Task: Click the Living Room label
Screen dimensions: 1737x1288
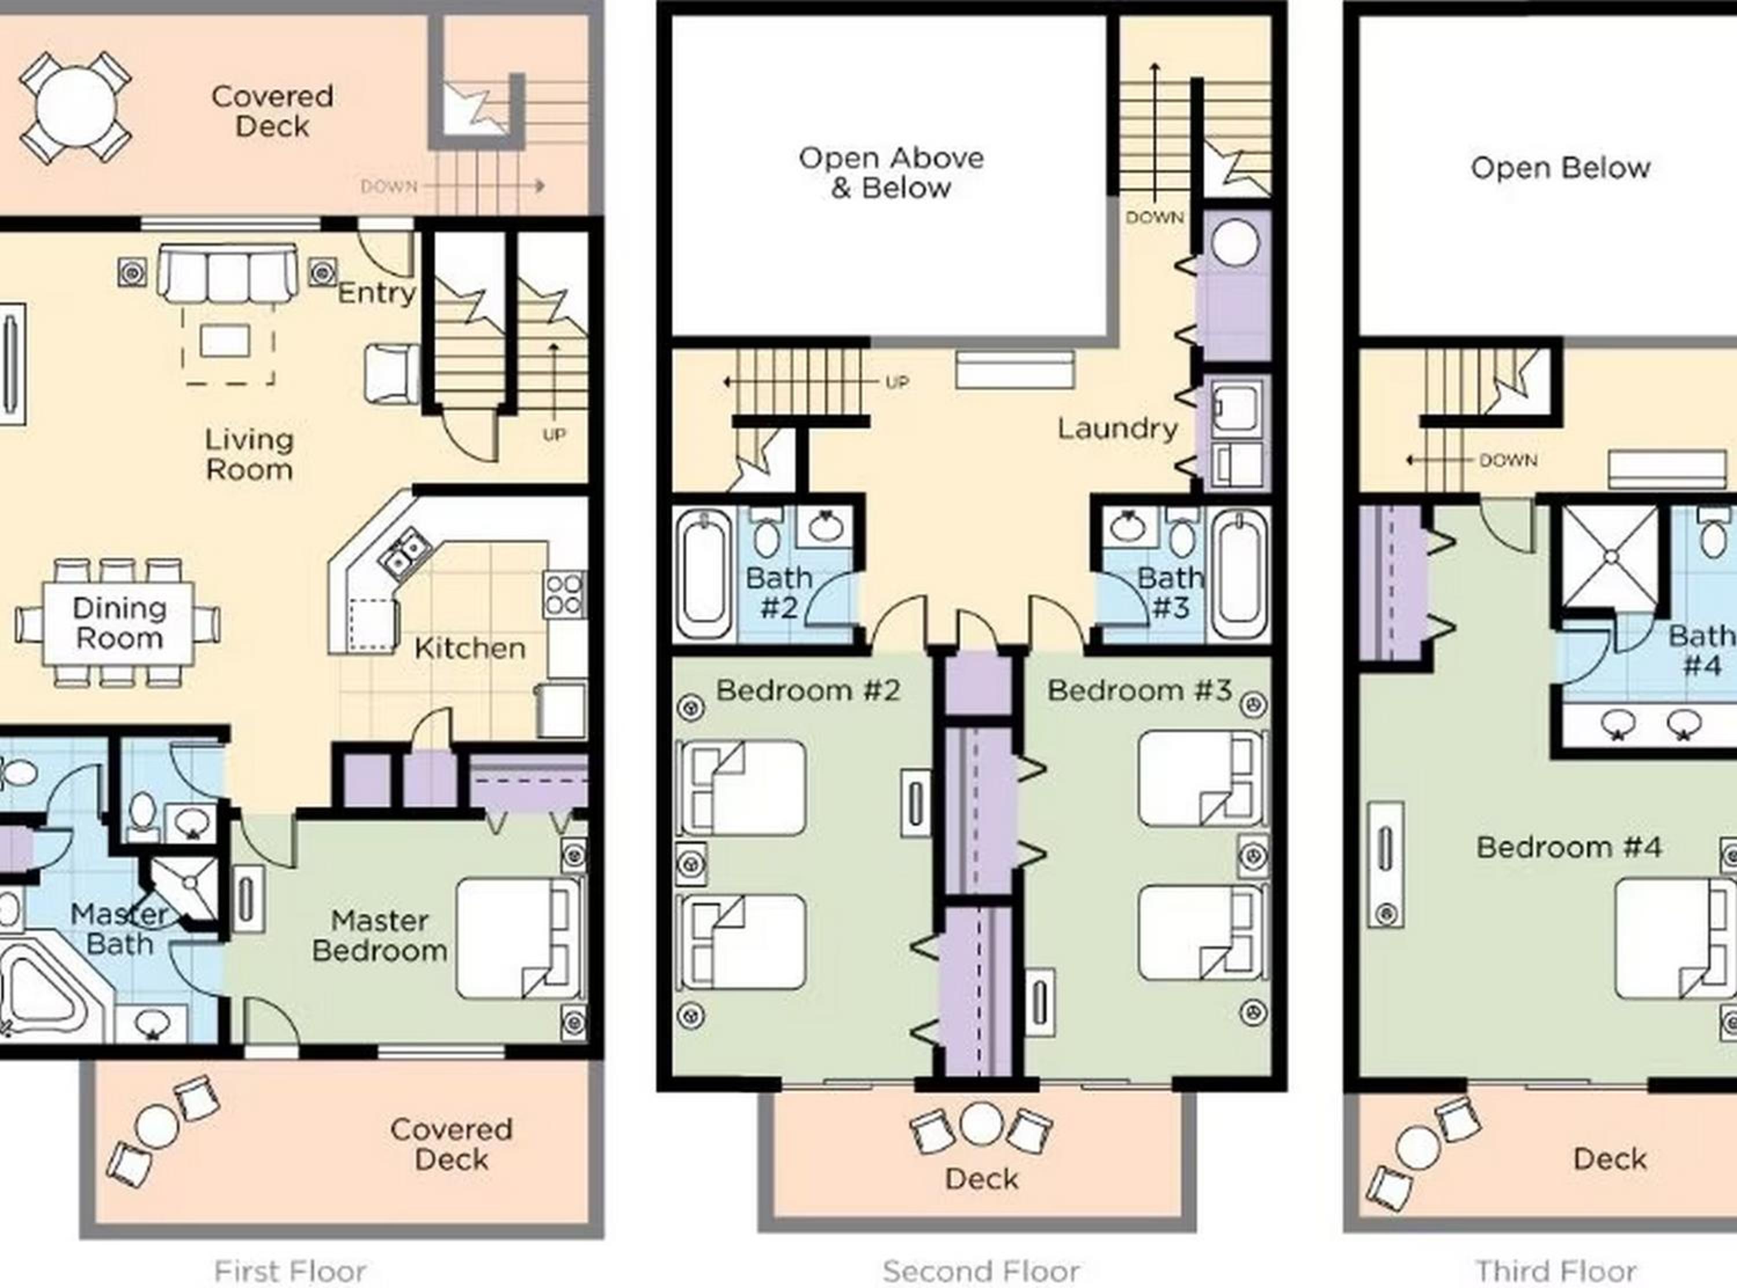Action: pos(250,455)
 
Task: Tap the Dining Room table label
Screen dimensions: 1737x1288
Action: pos(119,623)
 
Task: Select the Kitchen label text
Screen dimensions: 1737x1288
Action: pos(470,648)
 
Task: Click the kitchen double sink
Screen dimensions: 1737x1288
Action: pos(404,550)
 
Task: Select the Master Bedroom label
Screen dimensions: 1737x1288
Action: pos(379,935)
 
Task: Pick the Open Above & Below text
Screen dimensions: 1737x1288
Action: pos(892,173)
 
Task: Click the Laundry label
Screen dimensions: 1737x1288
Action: pos(1117,429)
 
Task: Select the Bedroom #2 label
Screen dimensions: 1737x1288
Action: pos(808,690)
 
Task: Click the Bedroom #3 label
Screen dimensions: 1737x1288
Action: pos(1139,690)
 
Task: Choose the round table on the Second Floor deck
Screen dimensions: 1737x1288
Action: pos(981,1124)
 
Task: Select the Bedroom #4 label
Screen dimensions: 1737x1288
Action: pos(1570,847)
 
